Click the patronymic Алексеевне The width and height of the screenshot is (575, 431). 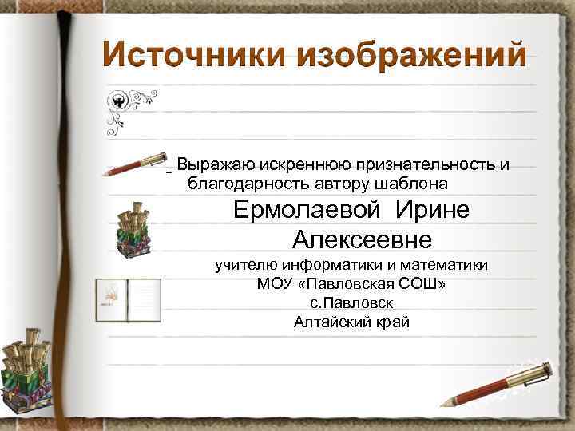pyautogui.click(x=362, y=239)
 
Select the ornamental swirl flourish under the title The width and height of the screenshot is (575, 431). pyautogui.click(x=129, y=112)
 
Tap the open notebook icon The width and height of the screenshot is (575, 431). pyautogui.click(x=128, y=299)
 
